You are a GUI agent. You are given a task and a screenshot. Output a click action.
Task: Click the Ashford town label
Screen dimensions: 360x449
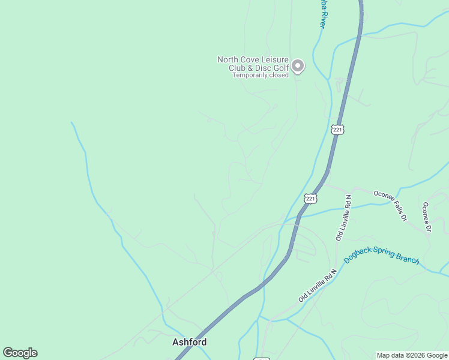pos(189,342)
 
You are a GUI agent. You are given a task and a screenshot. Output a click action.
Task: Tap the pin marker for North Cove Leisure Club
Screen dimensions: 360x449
pos(298,66)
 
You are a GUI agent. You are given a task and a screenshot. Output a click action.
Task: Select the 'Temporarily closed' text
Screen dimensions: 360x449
pos(261,75)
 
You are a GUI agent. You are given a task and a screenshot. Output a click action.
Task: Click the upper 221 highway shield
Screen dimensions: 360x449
pos(337,129)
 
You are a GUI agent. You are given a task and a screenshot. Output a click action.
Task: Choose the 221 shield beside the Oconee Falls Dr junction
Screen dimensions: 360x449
pos(310,198)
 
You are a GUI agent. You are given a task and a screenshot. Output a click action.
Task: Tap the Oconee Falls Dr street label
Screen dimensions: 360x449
pos(391,206)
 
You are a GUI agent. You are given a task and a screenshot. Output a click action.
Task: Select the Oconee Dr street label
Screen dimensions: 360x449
pos(427,217)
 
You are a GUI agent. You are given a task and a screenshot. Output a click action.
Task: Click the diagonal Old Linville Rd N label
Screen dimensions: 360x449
pos(318,284)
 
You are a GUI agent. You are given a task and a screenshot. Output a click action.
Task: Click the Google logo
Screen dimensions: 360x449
pos(20,353)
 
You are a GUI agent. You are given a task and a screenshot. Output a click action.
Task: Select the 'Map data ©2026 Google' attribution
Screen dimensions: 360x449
pos(412,355)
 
